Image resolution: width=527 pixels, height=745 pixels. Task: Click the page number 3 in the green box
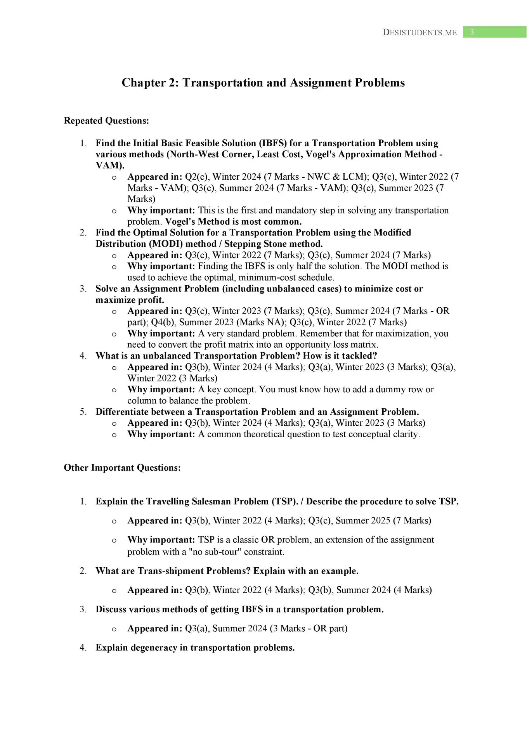click(x=472, y=32)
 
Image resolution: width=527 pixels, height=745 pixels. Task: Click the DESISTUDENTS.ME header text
click(x=420, y=33)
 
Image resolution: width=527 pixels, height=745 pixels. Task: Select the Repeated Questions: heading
click(x=106, y=121)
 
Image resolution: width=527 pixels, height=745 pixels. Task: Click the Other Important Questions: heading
click(x=122, y=468)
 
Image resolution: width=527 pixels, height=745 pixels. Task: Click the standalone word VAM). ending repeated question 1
click(x=110, y=165)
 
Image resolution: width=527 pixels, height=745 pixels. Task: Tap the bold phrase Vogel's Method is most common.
click(x=233, y=222)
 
